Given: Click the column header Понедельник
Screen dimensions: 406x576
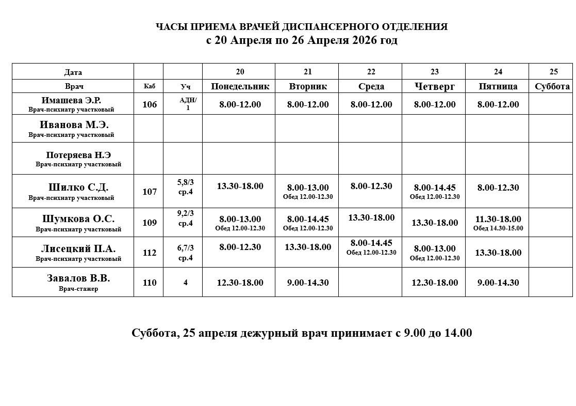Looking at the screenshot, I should coord(240,86).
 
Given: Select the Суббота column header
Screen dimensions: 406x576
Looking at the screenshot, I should coord(552,86).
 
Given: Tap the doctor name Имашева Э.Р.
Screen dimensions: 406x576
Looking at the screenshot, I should coord(71,100).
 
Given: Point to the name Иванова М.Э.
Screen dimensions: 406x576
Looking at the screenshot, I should coord(71,125).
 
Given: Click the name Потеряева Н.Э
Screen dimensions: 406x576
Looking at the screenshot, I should coord(78,154).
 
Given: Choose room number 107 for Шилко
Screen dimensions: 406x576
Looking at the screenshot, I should coord(150,192).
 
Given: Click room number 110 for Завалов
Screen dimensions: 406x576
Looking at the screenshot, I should coord(150,283).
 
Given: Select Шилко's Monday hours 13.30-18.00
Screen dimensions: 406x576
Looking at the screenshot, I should coord(240,186).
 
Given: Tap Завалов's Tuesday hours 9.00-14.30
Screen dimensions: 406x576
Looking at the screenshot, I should coord(308,283).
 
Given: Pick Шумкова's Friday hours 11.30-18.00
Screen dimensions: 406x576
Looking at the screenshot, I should coord(498,219).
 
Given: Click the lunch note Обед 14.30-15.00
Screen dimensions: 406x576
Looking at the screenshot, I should coord(498,228).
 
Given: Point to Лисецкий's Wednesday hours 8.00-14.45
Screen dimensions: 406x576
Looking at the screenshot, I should coord(371,243).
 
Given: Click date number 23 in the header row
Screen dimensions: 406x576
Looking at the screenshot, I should coord(435,72).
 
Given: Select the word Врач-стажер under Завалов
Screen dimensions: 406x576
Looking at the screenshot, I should coord(78,289).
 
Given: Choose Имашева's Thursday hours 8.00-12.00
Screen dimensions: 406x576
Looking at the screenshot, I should coord(435,104).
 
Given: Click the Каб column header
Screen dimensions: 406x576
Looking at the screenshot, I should coord(149,86).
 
